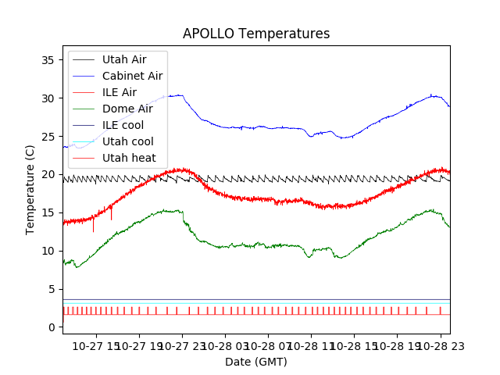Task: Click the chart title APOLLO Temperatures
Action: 256,34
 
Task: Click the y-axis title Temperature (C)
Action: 30,190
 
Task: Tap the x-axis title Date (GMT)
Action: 256,362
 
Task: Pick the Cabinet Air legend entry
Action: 132,76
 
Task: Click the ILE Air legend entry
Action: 119,92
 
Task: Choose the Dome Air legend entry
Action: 127,109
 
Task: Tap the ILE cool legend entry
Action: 123,125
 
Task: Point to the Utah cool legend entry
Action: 127,141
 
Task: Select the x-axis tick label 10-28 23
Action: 439,345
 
